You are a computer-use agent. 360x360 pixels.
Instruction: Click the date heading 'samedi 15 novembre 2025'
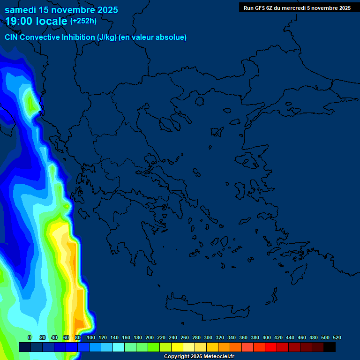pyautogui.click(x=61, y=10)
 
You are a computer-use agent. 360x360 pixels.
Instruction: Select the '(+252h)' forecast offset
pyautogui.click(x=83, y=21)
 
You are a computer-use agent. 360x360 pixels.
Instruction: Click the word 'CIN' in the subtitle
pyautogui.click(x=12, y=37)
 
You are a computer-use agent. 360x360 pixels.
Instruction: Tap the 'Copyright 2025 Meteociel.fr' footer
pyautogui.click(x=199, y=357)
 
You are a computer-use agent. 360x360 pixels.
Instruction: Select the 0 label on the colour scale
pyautogui.click(x=30, y=337)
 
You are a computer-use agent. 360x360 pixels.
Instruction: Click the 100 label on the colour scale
pyautogui.click(x=91, y=337)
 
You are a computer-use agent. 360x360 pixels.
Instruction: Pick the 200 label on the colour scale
pyautogui.click(x=150, y=337)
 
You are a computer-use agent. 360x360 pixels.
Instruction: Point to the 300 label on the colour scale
pyautogui.click(x=208, y=337)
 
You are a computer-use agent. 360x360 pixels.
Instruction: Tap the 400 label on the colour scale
pyautogui.click(x=267, y=337)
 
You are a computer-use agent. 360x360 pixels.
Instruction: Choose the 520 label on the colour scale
pyautogui.click(x=337, y=337)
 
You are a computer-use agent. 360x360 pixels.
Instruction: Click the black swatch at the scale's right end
pyautogui.click(x=330, y=347)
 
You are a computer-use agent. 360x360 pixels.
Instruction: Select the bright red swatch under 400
pyautogui.click(x=271, y=347)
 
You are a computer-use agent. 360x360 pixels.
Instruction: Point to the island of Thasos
pyautogui.click(x=199, y=101)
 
